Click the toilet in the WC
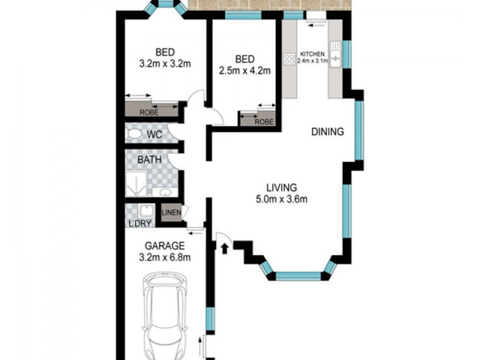(x=135, y=133)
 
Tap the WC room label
(x=155, y=136)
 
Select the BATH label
(x=148, y=160)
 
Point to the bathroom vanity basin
(x=164, y=192)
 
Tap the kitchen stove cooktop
(x=289, y=59)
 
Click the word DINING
(x=327, y=132)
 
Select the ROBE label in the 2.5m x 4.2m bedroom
(x=264, y=121)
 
